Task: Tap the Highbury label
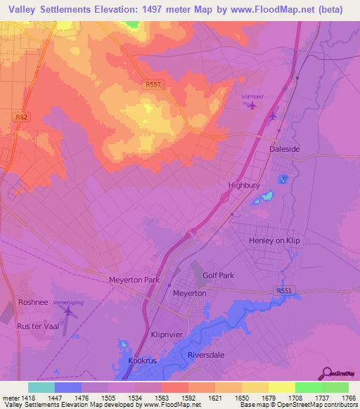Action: pos(244,186)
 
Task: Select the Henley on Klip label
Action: pos(274,240)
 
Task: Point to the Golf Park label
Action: pos(218,275)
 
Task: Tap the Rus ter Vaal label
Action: pos(38,325)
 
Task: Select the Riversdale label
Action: pos(205,355)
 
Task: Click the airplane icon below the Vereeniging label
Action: pos(68,309)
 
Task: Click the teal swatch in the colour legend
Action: pos(41,387)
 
